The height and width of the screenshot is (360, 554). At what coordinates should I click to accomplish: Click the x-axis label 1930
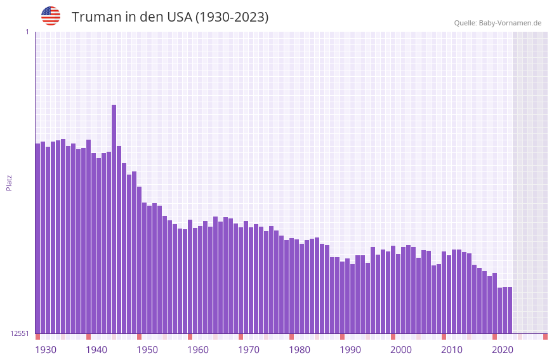tap(46, 350)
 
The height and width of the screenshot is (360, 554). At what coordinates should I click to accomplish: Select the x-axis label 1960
tap(198, 350)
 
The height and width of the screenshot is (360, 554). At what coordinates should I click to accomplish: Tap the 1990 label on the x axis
tap(350, 350)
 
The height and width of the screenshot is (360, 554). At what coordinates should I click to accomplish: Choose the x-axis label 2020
tap(503, 350)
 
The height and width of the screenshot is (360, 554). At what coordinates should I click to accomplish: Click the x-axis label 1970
tap(249, 350)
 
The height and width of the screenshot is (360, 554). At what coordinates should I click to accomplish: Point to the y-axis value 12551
tap(20, 333)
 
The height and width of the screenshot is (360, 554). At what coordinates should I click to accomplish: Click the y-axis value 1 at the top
tap(27, 32)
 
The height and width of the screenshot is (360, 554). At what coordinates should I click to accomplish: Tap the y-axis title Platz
tap(9, 182)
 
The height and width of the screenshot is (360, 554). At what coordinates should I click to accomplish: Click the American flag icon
tap(51, 16)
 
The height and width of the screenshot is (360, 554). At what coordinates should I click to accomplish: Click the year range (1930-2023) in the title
tap(232, 17)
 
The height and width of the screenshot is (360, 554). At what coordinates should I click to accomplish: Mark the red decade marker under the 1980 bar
tap(292, 337)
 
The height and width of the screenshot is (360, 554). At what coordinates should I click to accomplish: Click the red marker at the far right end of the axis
tap(545, 337)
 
